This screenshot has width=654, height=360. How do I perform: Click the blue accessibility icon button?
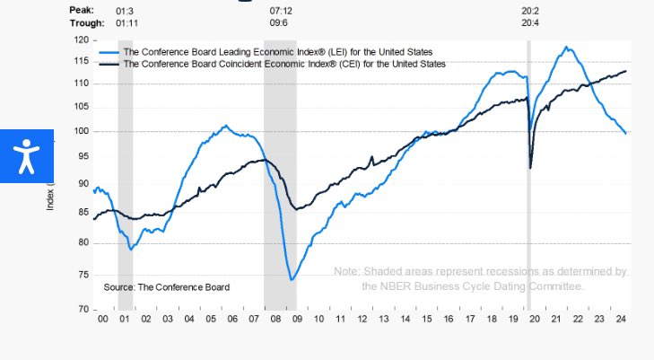pos(27,155)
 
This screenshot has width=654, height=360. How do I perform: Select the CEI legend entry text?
pos(283,64)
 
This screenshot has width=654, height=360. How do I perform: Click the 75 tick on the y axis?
pos(82,276)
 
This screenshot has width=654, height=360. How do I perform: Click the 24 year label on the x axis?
pos(620,319)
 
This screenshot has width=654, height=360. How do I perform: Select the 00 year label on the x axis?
pos(103,319)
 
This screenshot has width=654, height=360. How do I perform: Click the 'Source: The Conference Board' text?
pos(167,287)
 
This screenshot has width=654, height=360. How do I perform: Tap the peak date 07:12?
pos(281,10)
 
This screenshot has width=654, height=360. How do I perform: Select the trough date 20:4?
pos(531,22)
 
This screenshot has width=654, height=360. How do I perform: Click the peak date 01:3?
pos(126,10)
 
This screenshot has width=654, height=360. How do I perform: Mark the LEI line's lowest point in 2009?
pos(292,280)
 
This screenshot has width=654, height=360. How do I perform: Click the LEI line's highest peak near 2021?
pos(565,47)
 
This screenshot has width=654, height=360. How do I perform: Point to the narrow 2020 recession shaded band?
pos(528,180)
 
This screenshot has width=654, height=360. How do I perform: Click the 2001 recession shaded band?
pos(126,180)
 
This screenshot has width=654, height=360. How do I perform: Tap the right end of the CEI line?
pos(625,71)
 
